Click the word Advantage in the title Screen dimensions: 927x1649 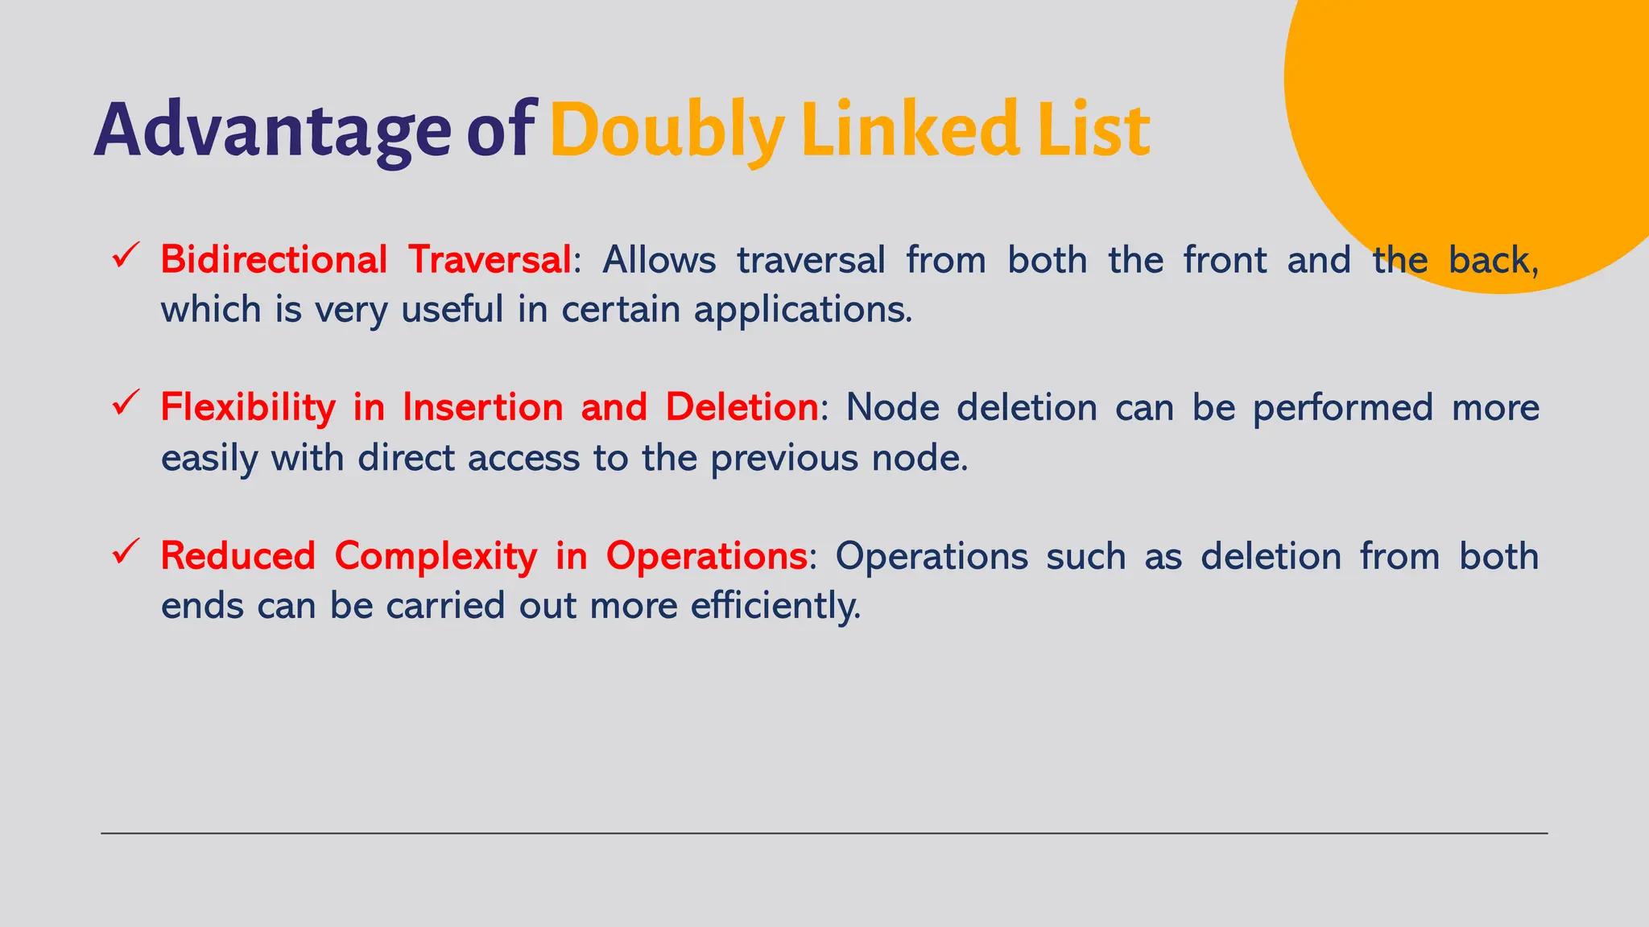coord(272,130)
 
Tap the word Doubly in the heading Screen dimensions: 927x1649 coord(667,130)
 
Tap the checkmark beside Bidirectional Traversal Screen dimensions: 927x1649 coord(126,255)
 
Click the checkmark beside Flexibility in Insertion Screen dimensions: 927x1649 coord(126,402)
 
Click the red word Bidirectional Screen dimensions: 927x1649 coord(275,260)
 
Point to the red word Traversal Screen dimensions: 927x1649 coord(490,260)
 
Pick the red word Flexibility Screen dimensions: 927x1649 coord(248,408)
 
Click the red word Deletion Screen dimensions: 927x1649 coord(742,407)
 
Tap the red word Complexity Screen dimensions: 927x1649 coord(436,556)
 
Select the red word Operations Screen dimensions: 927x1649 coord(706,556)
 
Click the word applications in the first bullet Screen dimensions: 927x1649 coord(803,310)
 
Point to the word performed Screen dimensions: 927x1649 coord(1343,408)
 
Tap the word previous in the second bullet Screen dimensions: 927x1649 coord(784,459)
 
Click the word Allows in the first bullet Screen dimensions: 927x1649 coord(659,260)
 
